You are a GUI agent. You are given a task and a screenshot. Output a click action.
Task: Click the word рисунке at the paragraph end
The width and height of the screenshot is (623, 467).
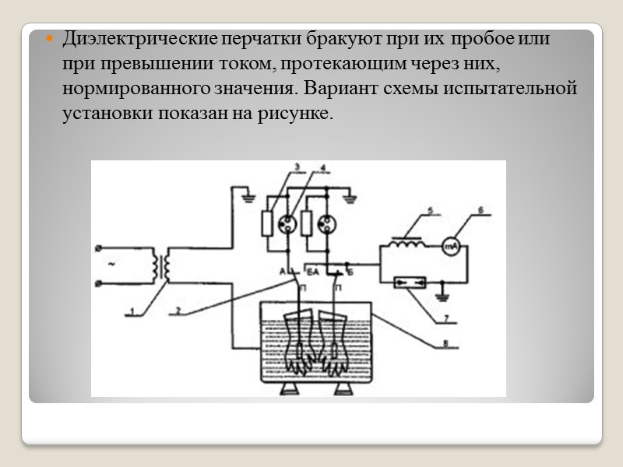[x=301, y=114]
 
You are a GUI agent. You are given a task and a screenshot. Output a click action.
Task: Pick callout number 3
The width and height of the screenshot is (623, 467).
[x=296, y=167]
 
